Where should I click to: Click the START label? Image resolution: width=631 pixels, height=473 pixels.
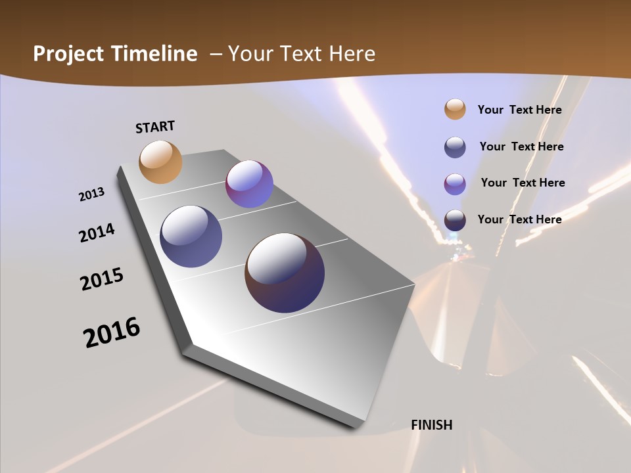pos(155,127)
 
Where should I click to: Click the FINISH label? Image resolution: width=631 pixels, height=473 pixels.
pos(432,425)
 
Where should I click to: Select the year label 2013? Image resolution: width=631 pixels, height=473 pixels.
pos(91,194)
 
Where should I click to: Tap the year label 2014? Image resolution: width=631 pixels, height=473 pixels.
pos(97,233)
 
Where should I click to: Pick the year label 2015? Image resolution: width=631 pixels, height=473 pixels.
pos(102,279)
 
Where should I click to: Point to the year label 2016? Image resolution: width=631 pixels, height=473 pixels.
pos(112,332)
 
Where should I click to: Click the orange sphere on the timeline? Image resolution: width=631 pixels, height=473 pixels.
pos(160,162)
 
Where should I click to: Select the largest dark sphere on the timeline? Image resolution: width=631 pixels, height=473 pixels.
pos(285,272)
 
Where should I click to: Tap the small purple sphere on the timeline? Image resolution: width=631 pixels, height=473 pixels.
pos(249,184)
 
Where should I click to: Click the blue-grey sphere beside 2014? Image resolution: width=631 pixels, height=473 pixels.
pos(191,236)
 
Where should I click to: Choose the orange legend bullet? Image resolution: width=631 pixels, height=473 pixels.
pos(455,109)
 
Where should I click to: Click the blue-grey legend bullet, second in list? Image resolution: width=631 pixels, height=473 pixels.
pos(455,147)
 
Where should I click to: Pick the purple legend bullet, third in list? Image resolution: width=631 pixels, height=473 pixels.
pos(455,184)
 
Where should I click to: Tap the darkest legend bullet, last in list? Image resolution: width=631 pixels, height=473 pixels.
pos(455,220)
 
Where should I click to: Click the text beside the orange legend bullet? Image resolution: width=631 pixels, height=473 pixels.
pos(519,110)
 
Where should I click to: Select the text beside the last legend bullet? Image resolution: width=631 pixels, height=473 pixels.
pos(519,219)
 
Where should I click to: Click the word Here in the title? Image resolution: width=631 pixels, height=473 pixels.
pos(351,54)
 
